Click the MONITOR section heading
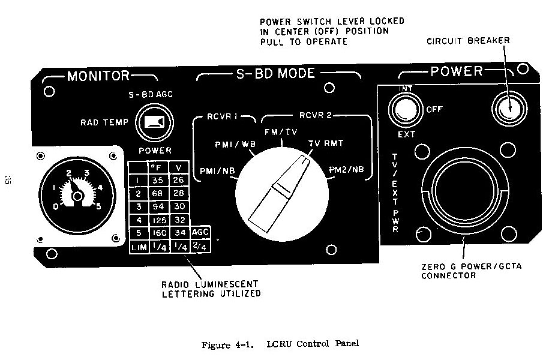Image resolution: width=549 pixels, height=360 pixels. pyautogui.click(x=98, y=76)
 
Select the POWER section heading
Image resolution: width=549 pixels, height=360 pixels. pyautogui.click(x=457, y=71)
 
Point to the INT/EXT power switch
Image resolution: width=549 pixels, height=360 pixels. pyautogui.click(x=405, y=110)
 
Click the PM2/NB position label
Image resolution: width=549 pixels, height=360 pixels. pyautogui.click(x=346, y=170)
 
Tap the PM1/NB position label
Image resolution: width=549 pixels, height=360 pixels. pyautogui.click(x=217, y=172)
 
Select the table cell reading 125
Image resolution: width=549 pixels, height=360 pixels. pyautogui.click(x=160, y=220)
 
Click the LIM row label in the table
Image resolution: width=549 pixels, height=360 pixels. pyautogui.click(x=137, y=246)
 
